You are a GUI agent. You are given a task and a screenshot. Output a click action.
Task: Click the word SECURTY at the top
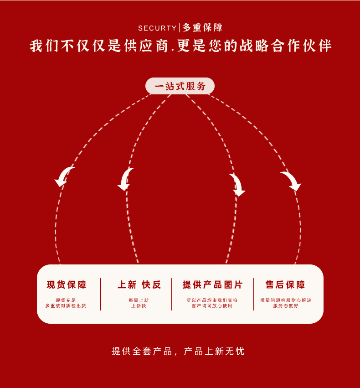(x=157, y=28)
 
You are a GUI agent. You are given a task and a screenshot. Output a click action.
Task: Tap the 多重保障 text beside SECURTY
(x=203, y=28)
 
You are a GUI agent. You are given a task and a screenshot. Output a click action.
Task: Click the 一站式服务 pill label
(x=180, y=86)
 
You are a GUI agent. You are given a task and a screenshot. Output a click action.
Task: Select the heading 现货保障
(x=67, y=285)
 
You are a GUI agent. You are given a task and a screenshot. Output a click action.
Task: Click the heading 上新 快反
(x=139, y=285)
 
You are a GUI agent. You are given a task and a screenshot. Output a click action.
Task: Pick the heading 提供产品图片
(x=212, y=285)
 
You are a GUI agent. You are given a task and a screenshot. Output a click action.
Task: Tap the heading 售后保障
(x=285, y=285)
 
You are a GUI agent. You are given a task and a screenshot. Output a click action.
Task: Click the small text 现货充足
(x=66, y=300)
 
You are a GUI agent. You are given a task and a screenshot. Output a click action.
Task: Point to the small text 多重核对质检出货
(x=66, y=306)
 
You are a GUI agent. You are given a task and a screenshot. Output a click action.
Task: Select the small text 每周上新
(x=139, y=300)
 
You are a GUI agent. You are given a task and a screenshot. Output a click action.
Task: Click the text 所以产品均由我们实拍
(x=212, y=300)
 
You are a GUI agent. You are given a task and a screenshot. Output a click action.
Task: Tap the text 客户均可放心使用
(x=212, y=306)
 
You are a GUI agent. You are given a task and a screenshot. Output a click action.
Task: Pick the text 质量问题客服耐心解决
(x=286, y=300)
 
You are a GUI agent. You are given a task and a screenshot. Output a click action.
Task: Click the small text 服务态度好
(x=286, y=306)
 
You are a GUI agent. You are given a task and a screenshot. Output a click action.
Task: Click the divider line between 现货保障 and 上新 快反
(x=101, y=294)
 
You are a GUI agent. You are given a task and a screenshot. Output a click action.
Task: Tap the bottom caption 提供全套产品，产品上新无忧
(x=178, y=351)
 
